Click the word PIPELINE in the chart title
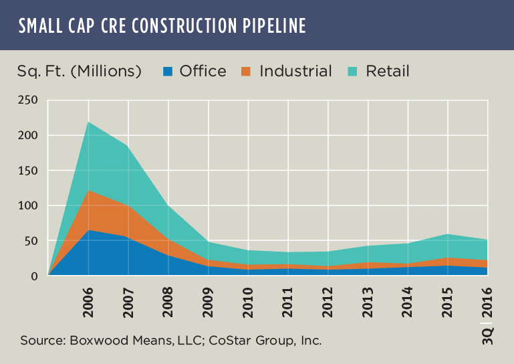pos(271,25)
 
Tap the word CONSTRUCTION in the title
pos(179,25)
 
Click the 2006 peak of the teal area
pos(89,122)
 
